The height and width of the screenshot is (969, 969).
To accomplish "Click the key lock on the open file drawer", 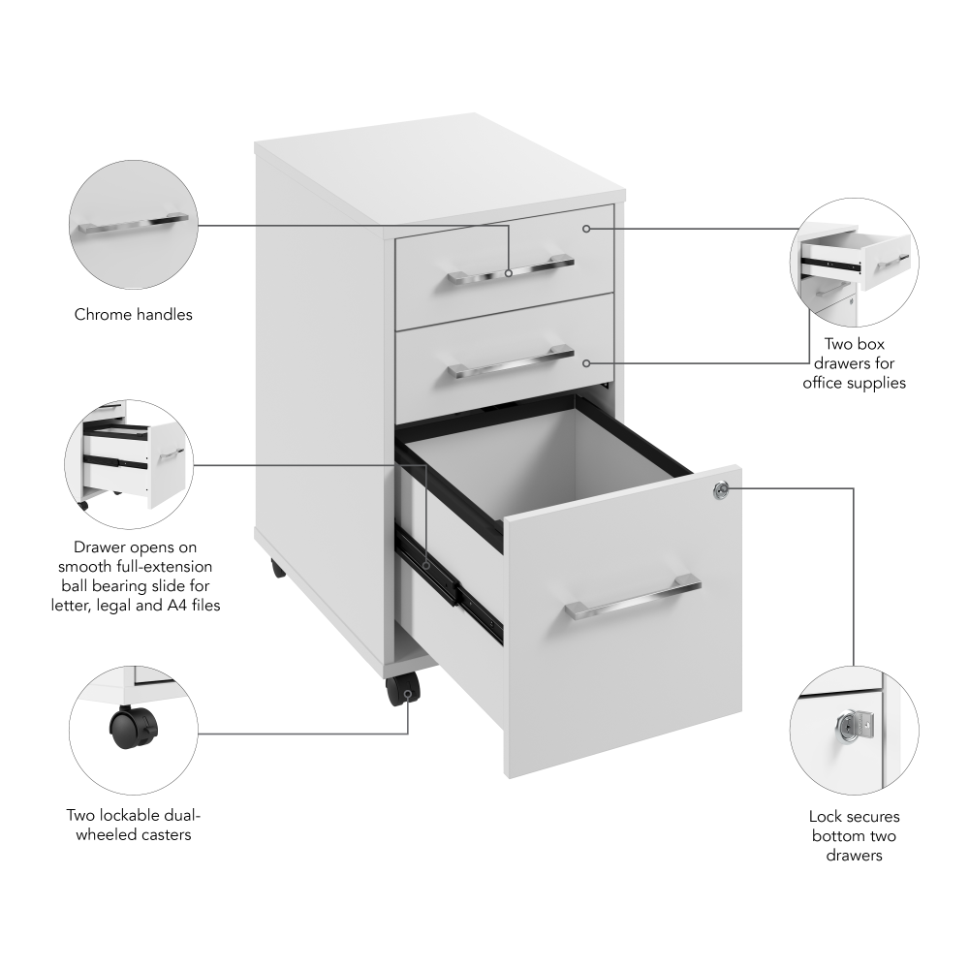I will (x=719, y=490).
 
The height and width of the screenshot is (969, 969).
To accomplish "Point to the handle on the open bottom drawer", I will (x=633, y=598).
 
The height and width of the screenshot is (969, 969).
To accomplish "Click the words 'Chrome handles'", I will (x=134, y=314).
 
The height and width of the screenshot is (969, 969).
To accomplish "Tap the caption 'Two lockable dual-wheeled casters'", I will (x=134, y=825).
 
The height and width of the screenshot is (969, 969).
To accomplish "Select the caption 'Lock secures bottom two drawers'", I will (x=854, y=835).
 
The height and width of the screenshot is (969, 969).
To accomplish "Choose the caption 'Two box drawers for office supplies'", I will (x=854, y=362).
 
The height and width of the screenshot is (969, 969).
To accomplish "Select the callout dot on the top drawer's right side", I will (x=586, y=229).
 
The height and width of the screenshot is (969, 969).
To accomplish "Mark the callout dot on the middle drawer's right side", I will (x=586, y=362).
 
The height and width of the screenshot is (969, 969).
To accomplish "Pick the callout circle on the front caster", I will (x=409, y=694).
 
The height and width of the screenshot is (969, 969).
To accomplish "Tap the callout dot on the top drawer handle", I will (x=509, y=273).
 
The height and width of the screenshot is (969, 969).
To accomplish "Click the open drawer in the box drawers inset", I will (x=857, y=255).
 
